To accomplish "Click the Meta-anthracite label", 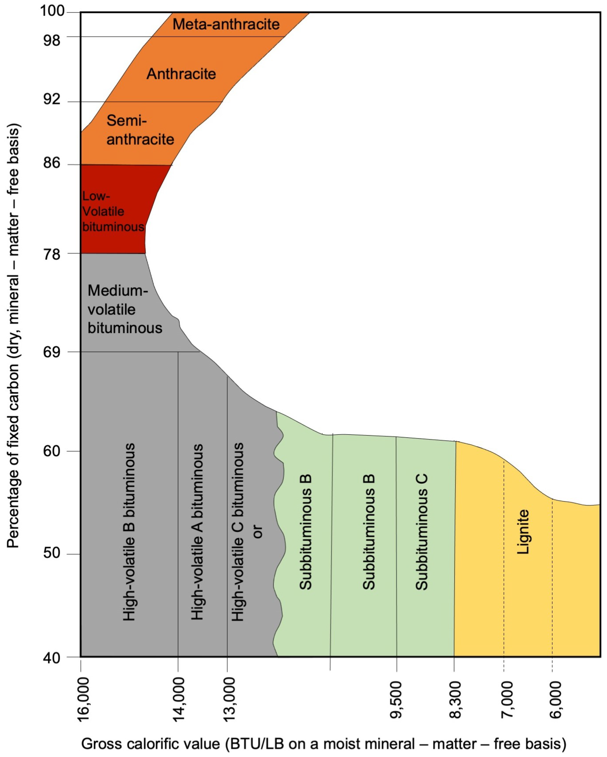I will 226,24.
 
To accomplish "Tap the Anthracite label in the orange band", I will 181,74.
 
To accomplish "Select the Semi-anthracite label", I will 140,130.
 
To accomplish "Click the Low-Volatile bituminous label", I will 112,211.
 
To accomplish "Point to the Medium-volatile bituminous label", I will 124,309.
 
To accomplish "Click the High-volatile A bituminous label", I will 197,532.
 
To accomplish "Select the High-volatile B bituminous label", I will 129,532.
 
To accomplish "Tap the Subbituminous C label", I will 421,532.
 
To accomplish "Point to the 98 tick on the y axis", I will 52,40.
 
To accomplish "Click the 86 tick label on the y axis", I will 52,163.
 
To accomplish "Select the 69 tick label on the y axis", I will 52,352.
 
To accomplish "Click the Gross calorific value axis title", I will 323,744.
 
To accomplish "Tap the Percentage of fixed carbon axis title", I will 13,335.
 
